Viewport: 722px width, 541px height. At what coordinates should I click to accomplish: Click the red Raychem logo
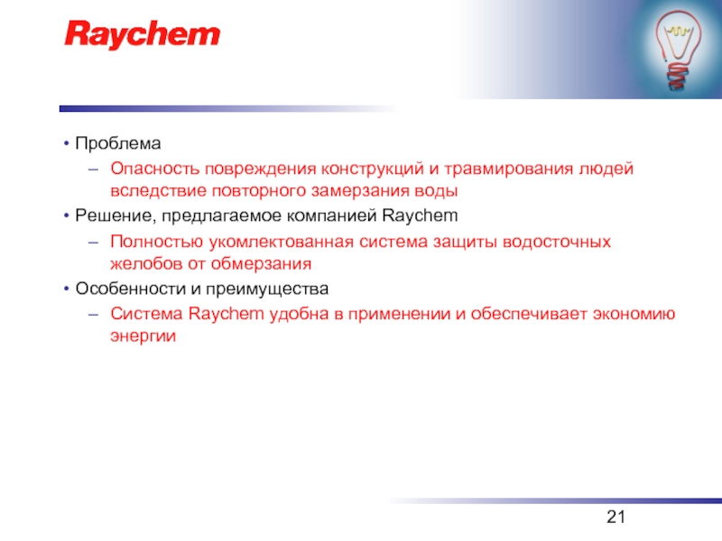143,34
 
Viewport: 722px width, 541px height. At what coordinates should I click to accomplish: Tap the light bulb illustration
679,49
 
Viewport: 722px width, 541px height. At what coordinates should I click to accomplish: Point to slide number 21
616,517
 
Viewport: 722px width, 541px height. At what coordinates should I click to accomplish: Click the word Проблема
118,143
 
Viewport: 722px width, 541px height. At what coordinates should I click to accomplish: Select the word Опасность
155,169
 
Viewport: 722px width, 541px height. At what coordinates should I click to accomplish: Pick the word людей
606,170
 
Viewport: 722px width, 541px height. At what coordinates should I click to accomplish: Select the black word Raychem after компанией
420,215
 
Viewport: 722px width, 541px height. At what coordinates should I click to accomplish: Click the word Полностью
156,242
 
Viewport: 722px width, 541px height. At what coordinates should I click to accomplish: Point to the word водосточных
556,242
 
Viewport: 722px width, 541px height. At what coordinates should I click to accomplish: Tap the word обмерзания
261,264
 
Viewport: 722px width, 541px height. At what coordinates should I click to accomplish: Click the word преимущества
267,289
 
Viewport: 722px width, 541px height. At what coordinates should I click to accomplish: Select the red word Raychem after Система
227,314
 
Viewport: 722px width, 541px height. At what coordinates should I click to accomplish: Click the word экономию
634,314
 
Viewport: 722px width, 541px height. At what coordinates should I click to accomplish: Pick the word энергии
143,336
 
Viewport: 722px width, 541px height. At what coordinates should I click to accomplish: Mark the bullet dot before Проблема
67,143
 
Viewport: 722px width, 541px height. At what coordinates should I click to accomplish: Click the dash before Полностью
94,242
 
